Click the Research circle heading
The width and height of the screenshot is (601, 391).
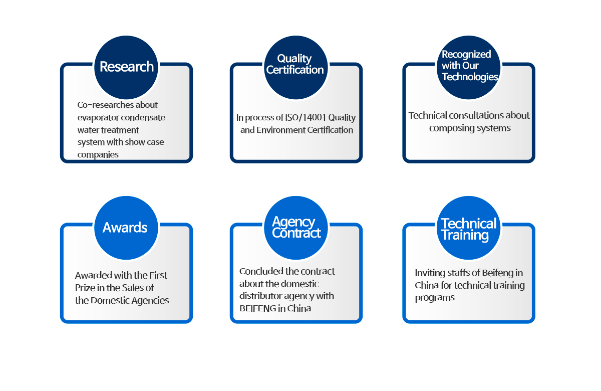(x=126, y=67)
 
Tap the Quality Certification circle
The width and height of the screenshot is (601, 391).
(x=296, y=67)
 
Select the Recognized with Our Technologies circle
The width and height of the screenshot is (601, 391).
(x=469, y=67)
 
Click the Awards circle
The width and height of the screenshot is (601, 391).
(x=126, y=228)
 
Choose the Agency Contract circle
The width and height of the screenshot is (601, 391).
(x=296, y=228)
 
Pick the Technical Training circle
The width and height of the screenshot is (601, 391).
(x=469, y=228)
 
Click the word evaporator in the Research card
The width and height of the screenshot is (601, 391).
(x=97, y=118)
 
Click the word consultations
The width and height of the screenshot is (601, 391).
(x=476, y=115)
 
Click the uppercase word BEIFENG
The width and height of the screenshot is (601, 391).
(x=257, y=309)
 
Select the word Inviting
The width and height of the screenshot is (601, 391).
(x=428, y=273)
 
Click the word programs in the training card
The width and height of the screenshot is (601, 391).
(x=435, y=298)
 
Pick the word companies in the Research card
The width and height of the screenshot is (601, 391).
(x=98, y=155)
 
